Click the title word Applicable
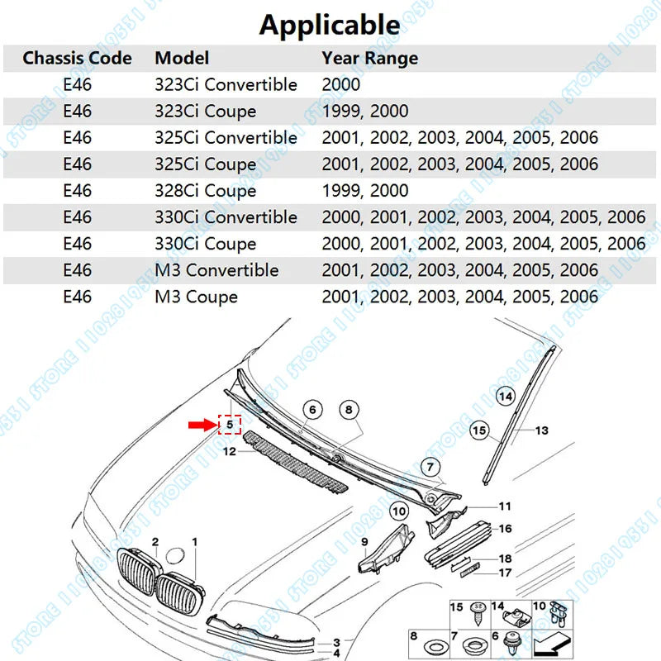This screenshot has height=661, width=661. [330, 25]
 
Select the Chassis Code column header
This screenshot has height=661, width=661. [77, 58]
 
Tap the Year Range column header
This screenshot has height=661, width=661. [369, 58]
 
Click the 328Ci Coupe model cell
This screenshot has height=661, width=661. [205, 191]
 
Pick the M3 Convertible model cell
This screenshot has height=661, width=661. [216, 270]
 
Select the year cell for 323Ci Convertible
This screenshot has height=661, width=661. [341, 85]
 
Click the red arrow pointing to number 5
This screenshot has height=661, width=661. [202, 425]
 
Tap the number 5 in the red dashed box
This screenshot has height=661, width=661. [230, 424]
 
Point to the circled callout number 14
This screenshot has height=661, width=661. [506, 397]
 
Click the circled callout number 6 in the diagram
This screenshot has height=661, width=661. [312, 409]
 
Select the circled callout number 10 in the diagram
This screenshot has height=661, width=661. [399, 511]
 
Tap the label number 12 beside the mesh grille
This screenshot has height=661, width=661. [230, 451]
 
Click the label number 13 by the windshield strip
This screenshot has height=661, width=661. [542, 430]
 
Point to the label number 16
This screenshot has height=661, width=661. [505, 529]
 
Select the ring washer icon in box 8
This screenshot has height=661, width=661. [436, 647]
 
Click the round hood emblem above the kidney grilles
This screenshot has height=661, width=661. [175, 555]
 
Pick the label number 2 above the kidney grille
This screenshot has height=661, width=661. [155, 542]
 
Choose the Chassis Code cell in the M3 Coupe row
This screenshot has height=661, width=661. [77, 297]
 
